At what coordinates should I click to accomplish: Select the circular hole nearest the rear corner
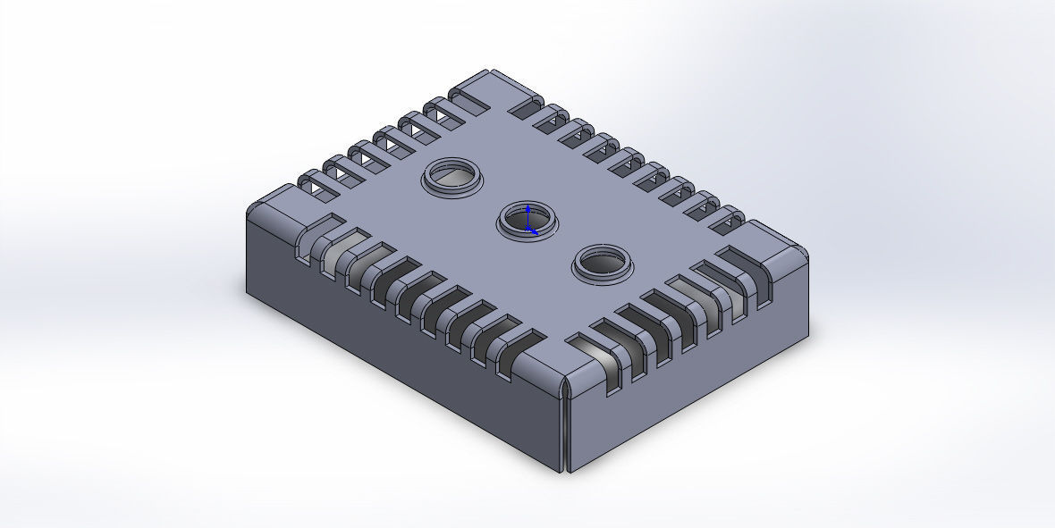(452, 176)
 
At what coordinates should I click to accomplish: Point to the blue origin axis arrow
(528, 218)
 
